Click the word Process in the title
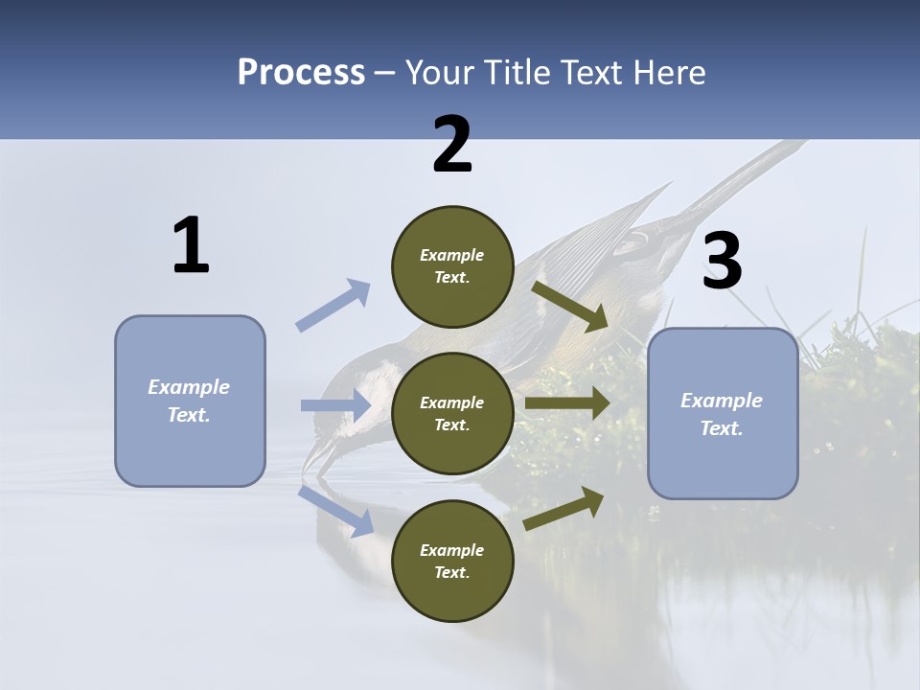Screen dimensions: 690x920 301,72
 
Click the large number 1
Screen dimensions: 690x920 191,246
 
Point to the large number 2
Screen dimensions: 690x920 452,145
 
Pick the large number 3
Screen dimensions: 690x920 722,262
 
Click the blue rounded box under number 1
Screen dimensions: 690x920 190,401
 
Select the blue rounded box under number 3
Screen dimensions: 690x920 723,414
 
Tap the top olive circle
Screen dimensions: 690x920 452,266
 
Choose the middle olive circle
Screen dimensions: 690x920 452,414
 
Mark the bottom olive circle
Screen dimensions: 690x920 452,562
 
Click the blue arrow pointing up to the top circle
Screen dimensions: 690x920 333,306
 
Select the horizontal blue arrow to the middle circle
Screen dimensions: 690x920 335,405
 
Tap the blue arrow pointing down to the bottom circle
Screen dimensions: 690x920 336,511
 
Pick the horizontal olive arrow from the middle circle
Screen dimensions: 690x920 567,403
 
